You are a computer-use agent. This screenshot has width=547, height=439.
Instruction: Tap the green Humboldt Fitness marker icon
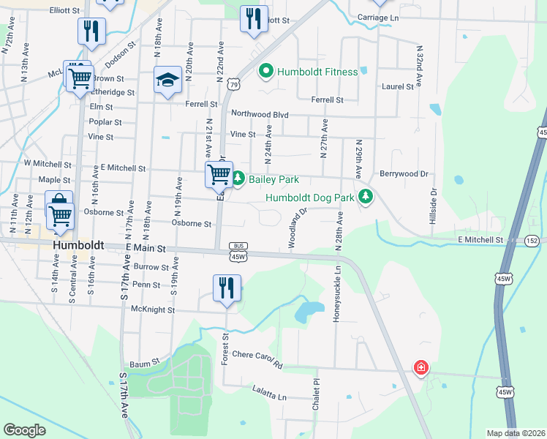[265, 72]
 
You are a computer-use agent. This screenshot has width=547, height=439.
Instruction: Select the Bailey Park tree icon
[238, 179]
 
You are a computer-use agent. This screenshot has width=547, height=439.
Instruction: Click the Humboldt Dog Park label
[310, 198]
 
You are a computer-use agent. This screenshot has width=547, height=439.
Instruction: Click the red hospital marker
[420, 368]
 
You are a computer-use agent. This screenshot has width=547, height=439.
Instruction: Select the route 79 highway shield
[233, 85]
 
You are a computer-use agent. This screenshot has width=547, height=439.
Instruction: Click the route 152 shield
[532, 241]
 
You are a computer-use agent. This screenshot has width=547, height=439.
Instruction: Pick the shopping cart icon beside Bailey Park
[219, 174]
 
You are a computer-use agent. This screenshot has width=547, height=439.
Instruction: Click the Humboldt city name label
[79, 245]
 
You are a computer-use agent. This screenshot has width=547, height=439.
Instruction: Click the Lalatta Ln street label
[269, 396]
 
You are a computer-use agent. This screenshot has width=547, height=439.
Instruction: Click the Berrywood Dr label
[403, 174]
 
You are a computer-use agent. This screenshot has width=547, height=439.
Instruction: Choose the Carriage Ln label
[379, 17]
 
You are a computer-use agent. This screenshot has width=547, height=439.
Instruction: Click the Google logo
[24, 430]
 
